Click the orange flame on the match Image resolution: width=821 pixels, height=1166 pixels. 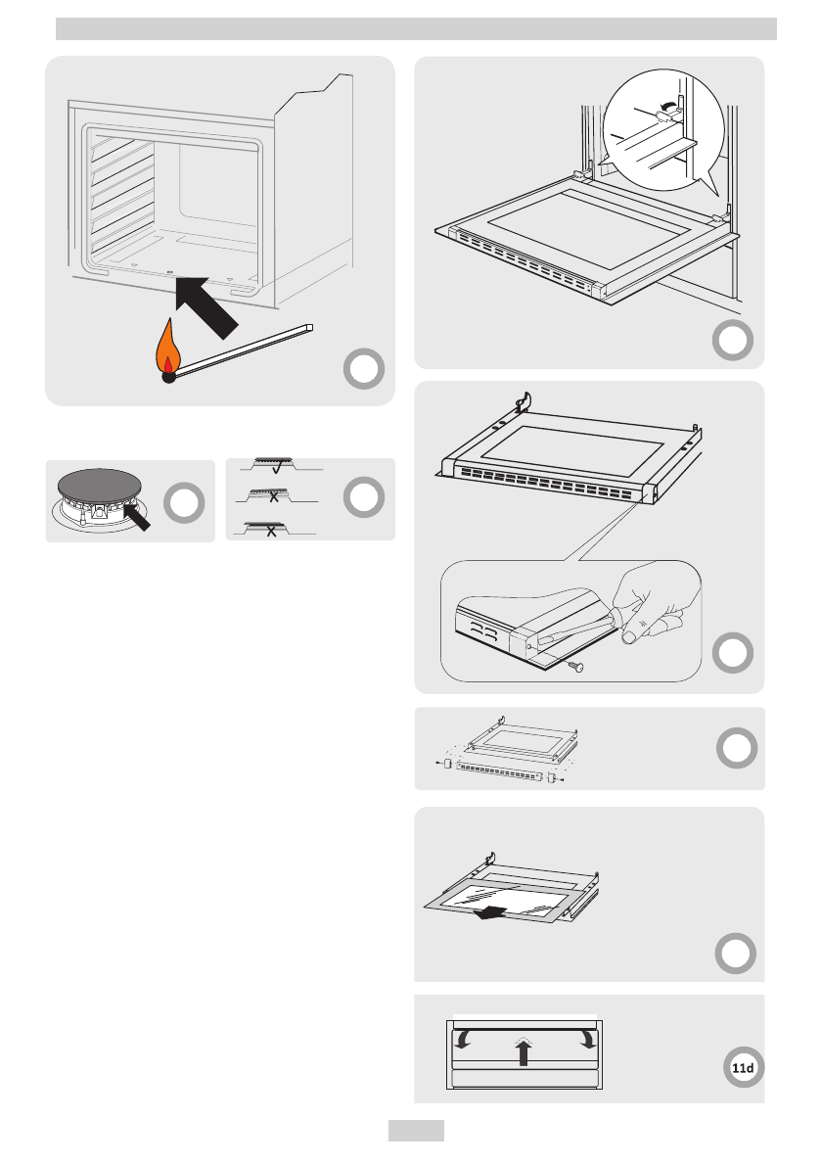[168, 348]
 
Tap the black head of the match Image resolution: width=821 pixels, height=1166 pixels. [168, 376]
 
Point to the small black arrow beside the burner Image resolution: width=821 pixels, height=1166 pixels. [137, 515]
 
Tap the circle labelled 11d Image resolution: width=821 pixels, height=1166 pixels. [743, 1068]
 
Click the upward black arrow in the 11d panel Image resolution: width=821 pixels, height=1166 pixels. [524, 1051]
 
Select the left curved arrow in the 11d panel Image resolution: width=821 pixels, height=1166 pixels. [462, 1038]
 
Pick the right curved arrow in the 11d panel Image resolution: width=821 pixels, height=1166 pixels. [587, 1038]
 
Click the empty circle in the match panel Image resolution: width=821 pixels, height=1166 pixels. [364, 369]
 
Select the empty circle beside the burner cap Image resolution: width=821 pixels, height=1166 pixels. [184, 502]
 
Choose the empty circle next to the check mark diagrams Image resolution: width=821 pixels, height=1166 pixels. [364, 497]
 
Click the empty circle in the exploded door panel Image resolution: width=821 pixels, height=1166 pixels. [737, 748]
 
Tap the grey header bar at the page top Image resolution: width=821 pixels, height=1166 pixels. [416, 29]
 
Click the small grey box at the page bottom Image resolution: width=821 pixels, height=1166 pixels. [416, 1131]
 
